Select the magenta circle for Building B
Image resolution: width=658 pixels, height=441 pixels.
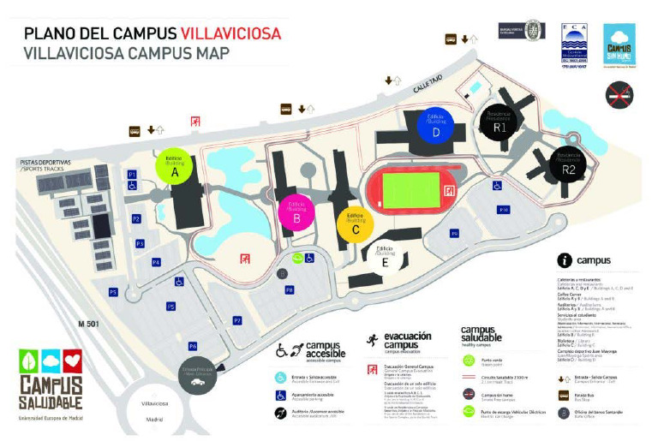[296, 211]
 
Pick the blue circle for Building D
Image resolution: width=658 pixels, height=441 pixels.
[436, 128]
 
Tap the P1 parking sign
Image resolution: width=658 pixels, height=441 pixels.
[132, 175]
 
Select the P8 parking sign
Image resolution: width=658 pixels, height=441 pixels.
[290, 290]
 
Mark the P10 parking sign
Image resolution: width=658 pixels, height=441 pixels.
[504, 209]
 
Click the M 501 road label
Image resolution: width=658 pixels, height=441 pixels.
[89, 324]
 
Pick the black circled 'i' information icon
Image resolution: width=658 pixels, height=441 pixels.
[565, 260]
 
